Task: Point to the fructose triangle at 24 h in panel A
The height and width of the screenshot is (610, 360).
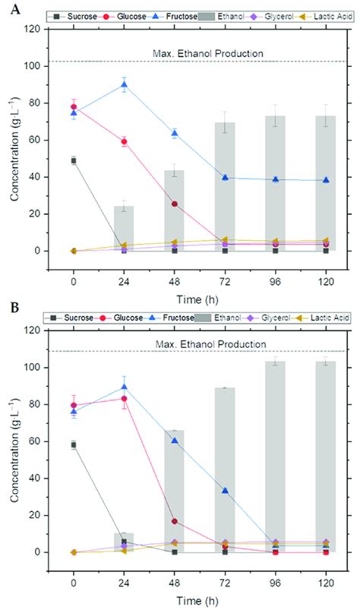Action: pyautogui.click(x=125, y=85)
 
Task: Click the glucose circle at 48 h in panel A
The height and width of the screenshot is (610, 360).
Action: pyautogui.click(x=175, y=204)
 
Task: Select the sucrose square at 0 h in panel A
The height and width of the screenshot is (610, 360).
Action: pyautogui.click(x=74, y=161)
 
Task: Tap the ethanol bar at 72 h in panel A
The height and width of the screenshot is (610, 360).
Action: pyautogui.click(x=226, y=190)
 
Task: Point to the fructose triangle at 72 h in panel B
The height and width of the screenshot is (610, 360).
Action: pyautogui.click(x=226, y=491)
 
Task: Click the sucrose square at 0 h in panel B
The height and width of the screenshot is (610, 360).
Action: pyautogui.click(x=74, y=444)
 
